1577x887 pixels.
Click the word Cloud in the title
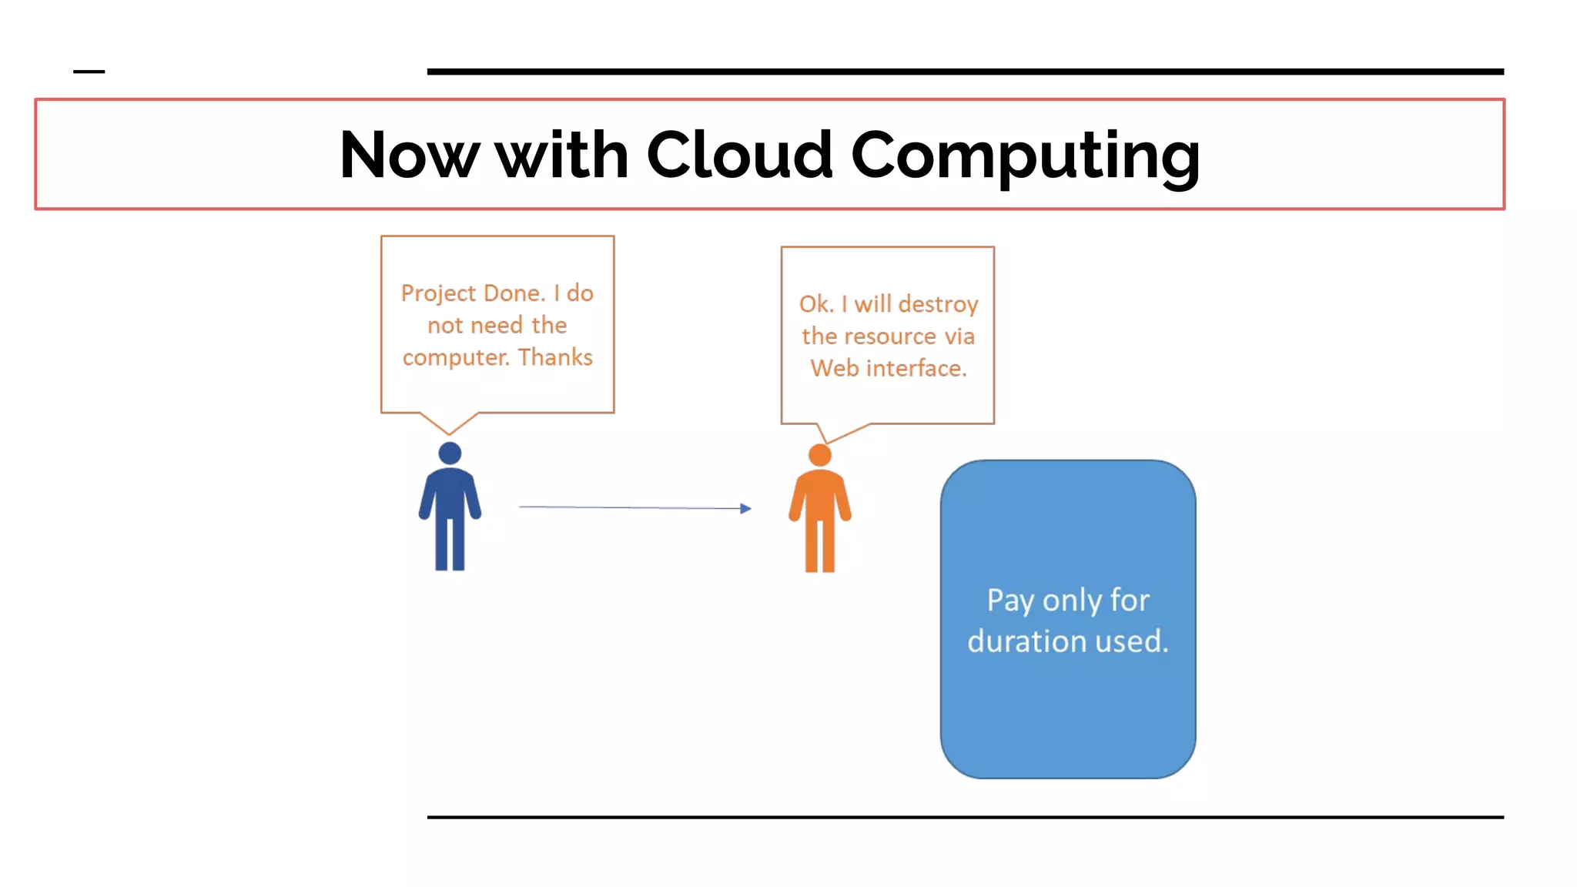[x=739, y=155]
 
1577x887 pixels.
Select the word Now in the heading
[x=409, y=155]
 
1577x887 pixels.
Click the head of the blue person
[x=450, y=453]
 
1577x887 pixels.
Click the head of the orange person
[x=820, y=455]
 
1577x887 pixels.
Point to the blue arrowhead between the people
[x=745, y=508]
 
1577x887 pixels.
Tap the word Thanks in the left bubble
[x=554, y=357]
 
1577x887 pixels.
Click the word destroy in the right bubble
[x=937, y=304]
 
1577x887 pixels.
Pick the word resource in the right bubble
[x=890, y=336]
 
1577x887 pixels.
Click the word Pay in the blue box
[x=1009, y=601]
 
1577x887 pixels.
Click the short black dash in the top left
[x=89, y=72]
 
